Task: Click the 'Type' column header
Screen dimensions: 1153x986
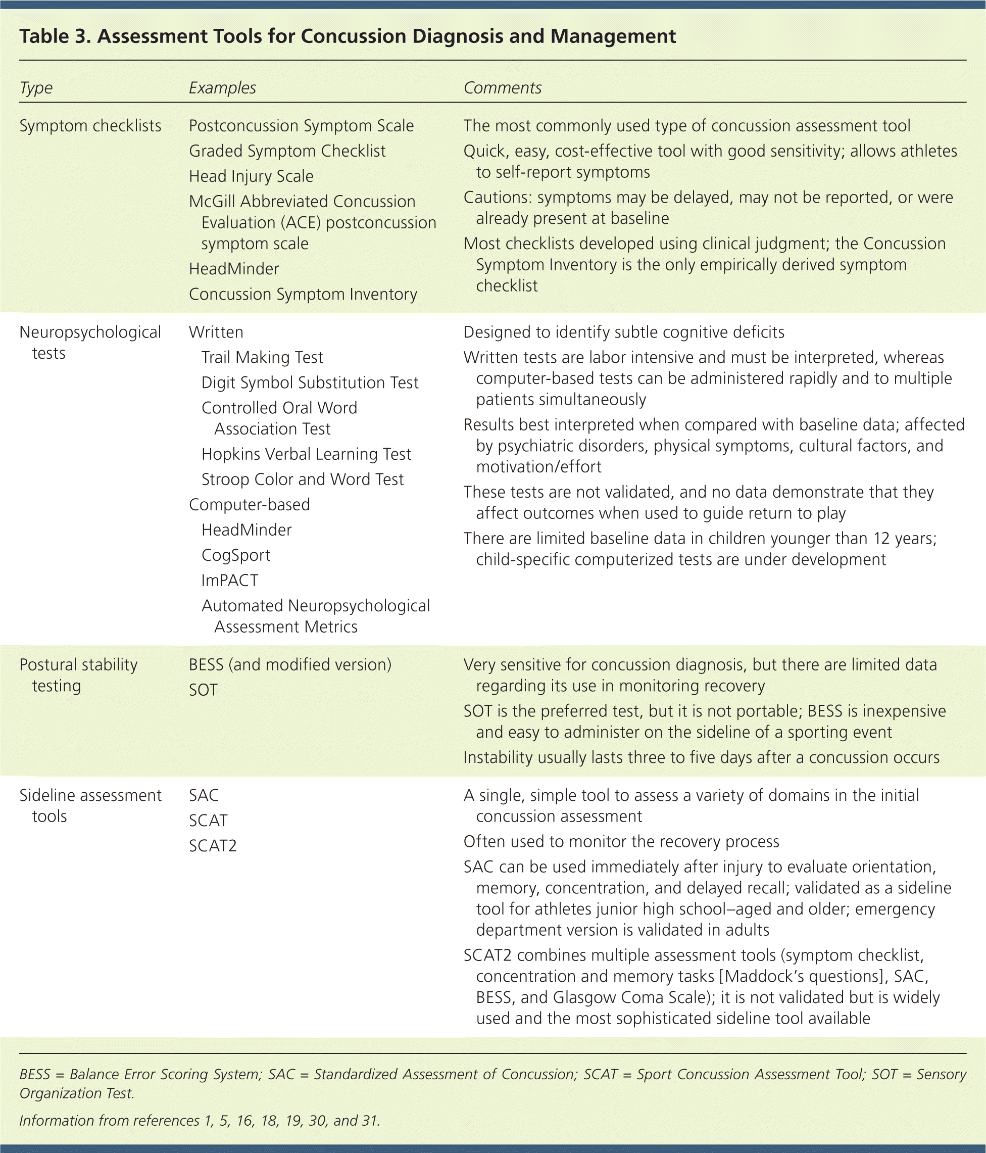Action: point(36,88)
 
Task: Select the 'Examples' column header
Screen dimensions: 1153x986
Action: point(222,88)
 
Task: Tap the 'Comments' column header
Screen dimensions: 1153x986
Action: point(502,88)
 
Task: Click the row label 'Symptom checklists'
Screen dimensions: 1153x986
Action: point(90,126)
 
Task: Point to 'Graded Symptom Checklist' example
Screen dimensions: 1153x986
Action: point(287,151)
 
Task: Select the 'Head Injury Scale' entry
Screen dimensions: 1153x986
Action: point(251,176)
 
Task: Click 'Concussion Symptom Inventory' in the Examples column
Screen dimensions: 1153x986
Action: point(303,294)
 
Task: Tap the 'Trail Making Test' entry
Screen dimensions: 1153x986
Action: point(262,357)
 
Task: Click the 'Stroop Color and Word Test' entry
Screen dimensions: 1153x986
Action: point(302,479)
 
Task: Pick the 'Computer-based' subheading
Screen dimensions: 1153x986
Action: point(250,505)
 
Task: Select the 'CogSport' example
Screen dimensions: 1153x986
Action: point(236,555)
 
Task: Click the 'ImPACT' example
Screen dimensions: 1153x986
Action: point(230,581)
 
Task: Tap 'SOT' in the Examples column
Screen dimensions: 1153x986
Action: point(203,690)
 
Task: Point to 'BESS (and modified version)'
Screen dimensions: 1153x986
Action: point(290,664)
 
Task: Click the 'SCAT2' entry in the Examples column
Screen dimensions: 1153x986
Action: point(213,846)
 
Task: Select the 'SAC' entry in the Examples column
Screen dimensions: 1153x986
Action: point(204,795)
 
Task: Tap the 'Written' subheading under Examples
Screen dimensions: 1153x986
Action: point(216,332)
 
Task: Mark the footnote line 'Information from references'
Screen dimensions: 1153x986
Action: point(200,1120)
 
